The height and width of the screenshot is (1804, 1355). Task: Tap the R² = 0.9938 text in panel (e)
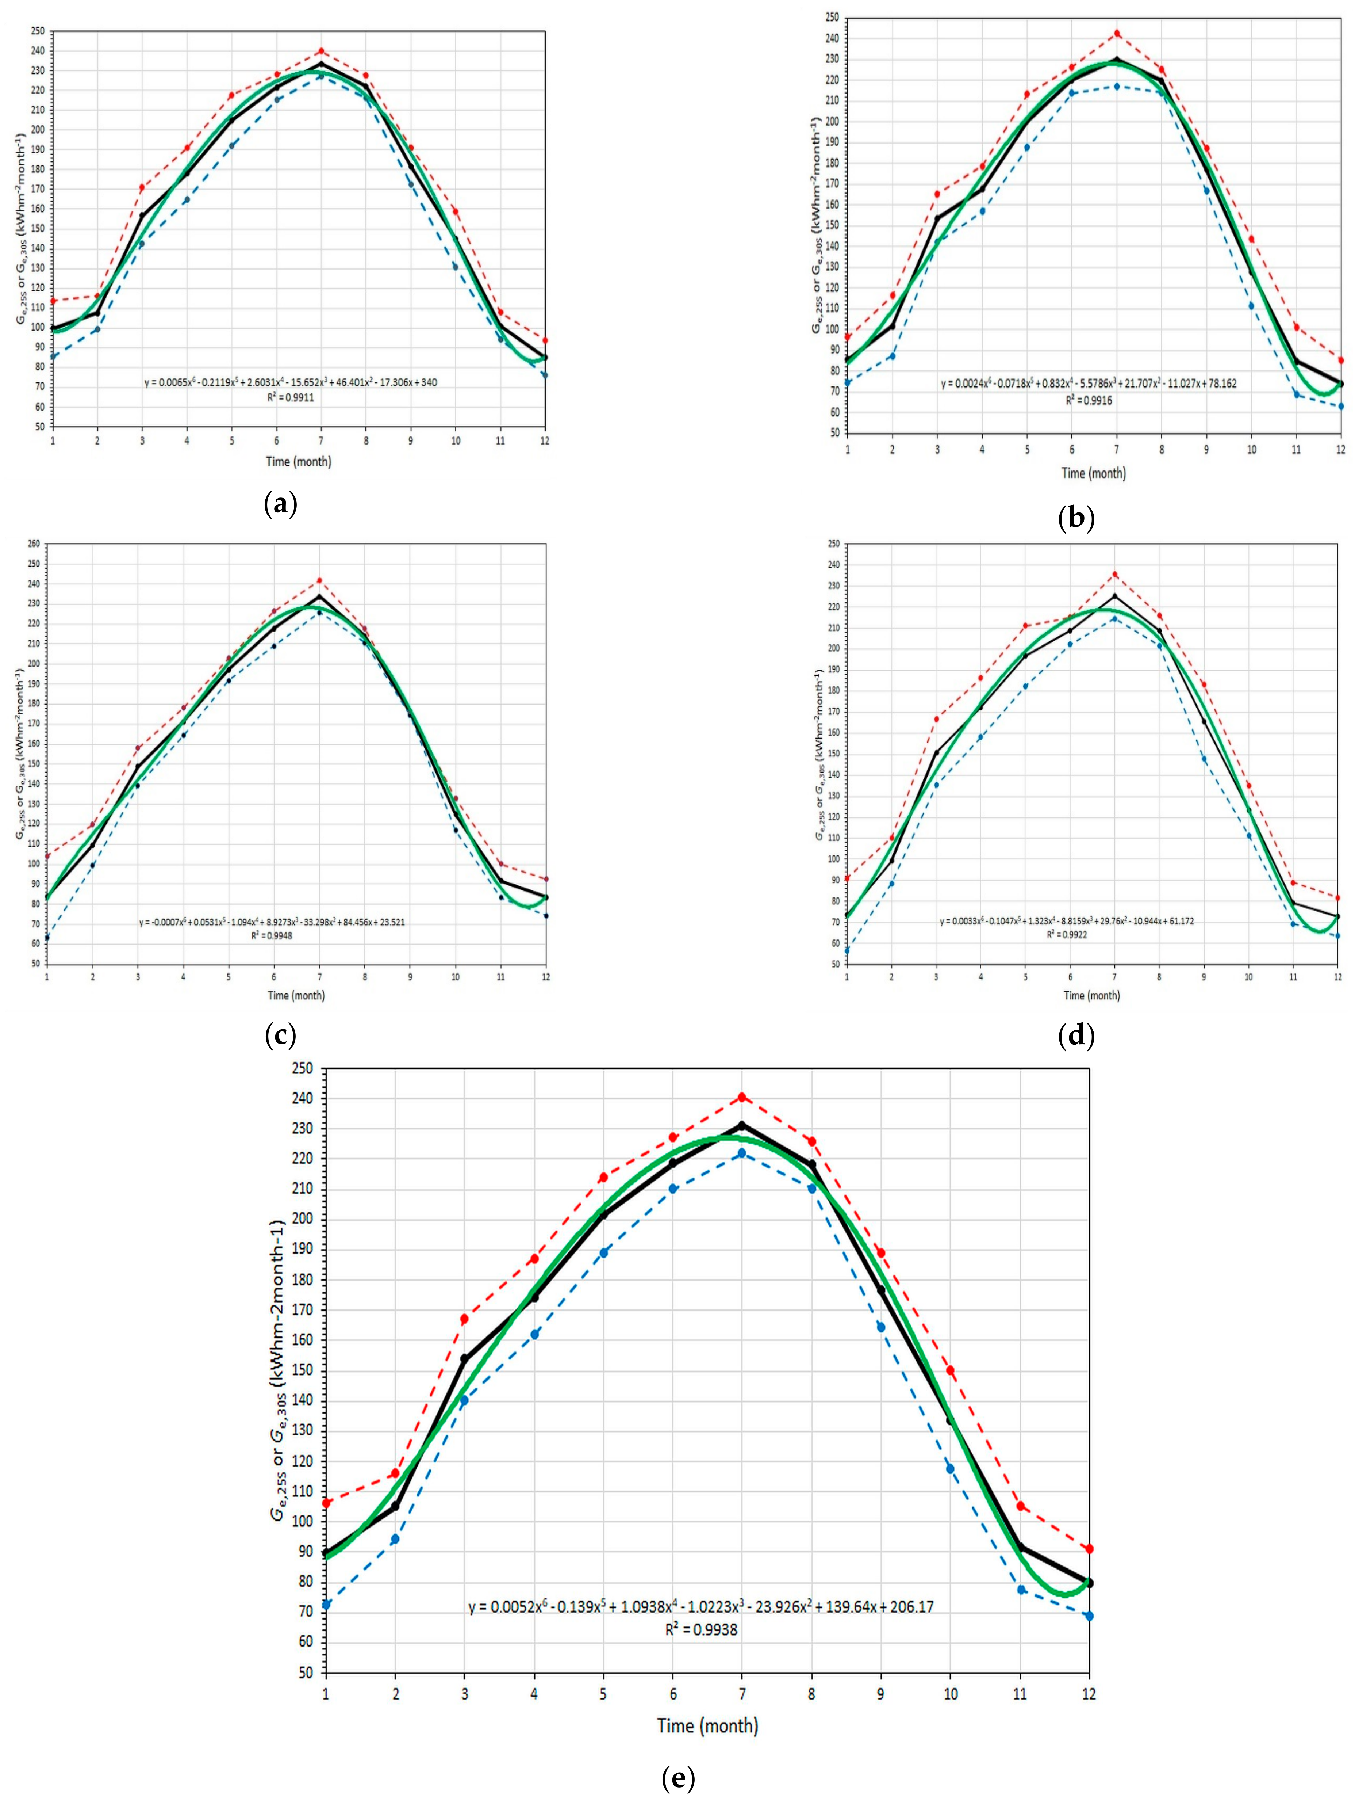pos(700,1631)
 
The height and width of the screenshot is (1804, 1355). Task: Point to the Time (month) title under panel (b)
pos(1093,473)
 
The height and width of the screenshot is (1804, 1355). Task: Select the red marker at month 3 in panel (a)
pos(142,188)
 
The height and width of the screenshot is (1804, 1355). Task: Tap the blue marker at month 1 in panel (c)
pos(47,938)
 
